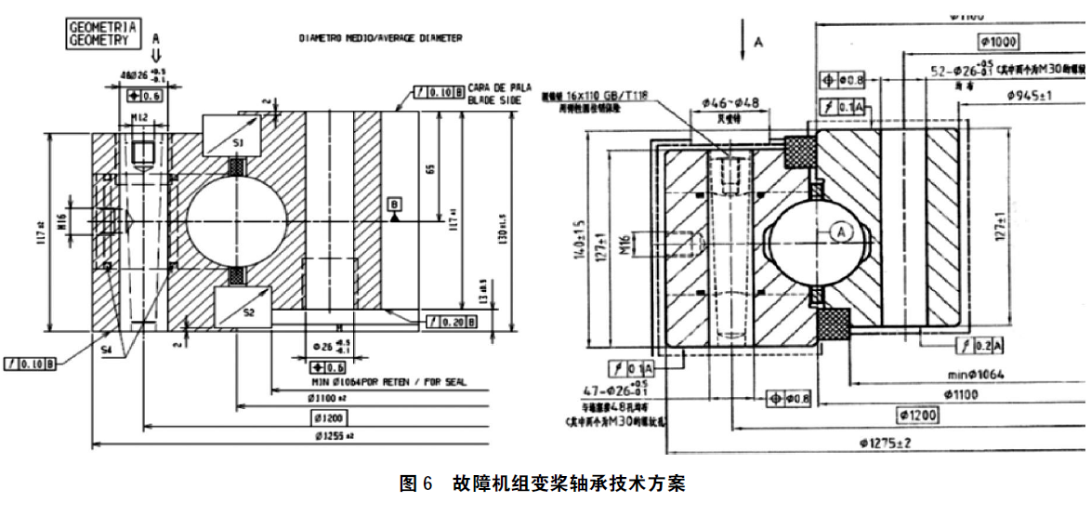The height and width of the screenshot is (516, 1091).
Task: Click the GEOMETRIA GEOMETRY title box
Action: pyautogui.click(x=102, y=34)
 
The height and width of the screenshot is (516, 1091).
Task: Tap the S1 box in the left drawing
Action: pyautogui.click(x=237, y=143)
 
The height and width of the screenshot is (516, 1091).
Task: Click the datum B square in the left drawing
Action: pyautogui.click(x=396, y=204)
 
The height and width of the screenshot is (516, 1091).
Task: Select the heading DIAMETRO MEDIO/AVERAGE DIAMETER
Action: pyautogui.click(x=380, y=38)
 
